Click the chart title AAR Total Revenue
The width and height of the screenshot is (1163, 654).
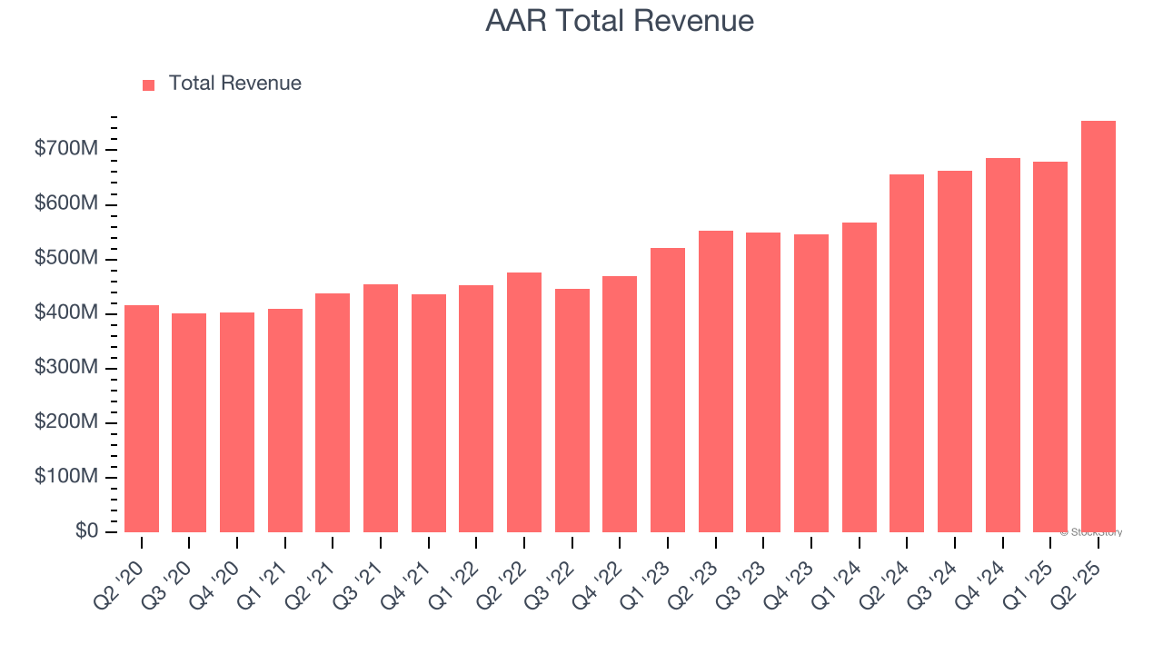coord(620,21)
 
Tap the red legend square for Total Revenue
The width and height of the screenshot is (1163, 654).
coord(149,85)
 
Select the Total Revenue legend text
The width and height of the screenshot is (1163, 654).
coord(234,84)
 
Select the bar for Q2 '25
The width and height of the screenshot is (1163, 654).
coord(1098,327)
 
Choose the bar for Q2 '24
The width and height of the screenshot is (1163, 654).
coord(907,354)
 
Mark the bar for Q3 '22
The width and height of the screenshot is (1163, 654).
coord(572,411)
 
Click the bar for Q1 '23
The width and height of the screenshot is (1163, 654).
coord(668,391)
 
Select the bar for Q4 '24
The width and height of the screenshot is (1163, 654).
coord(1002,345)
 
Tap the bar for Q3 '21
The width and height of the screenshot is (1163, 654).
coord(381,409)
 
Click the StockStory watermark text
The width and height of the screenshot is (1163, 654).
coord(1091,532)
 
